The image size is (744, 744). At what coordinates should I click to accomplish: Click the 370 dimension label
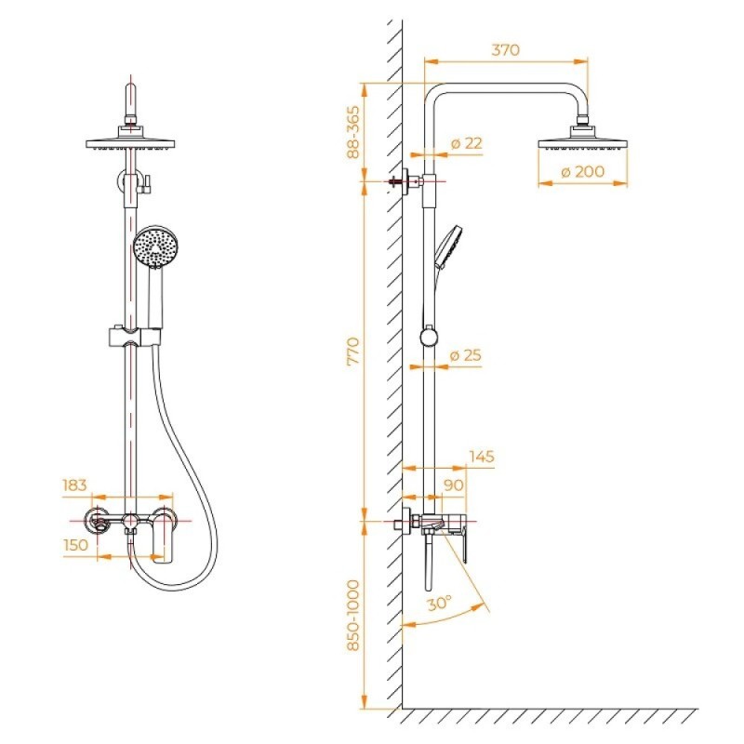[x=505, y=50]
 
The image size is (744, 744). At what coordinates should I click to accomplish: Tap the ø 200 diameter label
[x=583, y=171]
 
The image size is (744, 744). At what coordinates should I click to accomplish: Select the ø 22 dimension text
[x=467, y=143]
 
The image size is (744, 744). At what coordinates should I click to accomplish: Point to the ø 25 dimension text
[x=466, y=355]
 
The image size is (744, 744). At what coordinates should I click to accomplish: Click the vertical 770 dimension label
[x=353, y=352]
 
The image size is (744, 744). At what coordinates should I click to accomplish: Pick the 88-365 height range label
[x=353, y=132]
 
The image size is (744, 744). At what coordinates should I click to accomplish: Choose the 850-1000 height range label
[x=353, y=616]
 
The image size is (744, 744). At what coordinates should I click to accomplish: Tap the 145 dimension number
[x=482, y=457]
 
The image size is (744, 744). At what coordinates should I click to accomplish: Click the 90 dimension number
[x=454, y=485]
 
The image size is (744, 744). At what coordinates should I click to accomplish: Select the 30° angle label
[x=439, y=603]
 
